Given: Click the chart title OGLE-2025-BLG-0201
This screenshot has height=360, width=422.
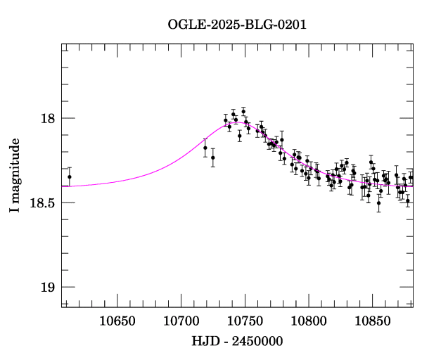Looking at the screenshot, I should (237, 25).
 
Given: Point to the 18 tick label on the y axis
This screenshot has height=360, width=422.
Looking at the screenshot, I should (48, 118).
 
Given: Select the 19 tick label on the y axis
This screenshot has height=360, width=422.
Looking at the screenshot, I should (48, 287).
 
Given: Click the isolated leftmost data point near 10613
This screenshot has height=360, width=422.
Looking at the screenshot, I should (70, 177).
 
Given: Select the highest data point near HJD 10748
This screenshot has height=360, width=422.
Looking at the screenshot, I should (243, 111).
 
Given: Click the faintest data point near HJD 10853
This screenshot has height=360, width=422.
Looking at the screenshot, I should (378, 203).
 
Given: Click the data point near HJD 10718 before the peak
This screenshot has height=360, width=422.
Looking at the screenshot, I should (205, 148).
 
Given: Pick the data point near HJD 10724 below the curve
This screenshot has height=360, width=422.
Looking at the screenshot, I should (213, 157).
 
